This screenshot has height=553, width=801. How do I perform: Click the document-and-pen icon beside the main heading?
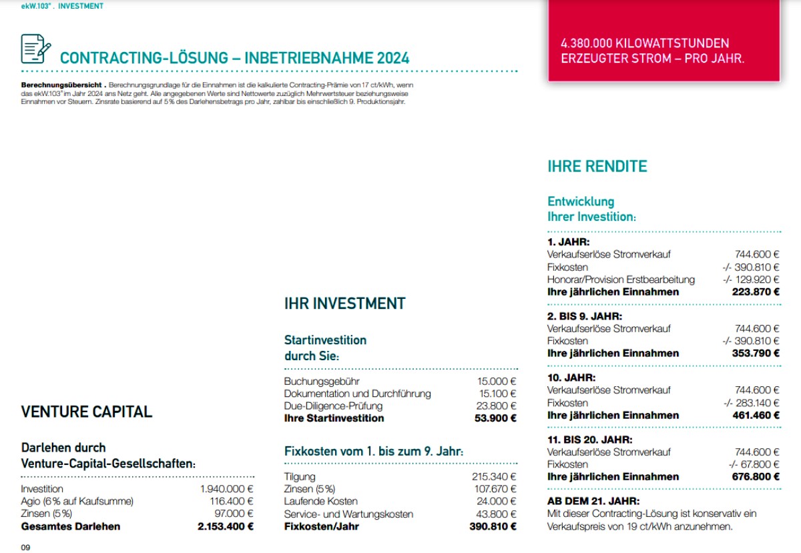(35, 49)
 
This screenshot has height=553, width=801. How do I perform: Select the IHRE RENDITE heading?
(597, 166)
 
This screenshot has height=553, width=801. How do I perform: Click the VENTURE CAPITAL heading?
(87, 412)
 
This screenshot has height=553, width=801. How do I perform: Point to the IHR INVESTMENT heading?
(344, 304)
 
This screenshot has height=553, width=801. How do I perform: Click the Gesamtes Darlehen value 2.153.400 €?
(226, 526)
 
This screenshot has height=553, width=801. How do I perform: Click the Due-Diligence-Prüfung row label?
(333, 406)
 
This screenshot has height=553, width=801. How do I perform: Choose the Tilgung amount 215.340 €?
(494, 477)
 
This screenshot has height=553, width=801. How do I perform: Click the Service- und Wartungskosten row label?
(348, 514)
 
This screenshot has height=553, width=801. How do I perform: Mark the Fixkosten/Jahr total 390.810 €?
(493, 526)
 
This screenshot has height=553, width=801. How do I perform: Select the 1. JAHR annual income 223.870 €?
(755, 292)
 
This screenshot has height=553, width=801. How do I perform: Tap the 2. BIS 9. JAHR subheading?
(585, 316)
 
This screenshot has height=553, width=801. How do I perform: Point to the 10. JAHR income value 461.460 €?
(755, 415)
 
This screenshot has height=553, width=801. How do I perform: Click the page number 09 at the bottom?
(26, 548)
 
